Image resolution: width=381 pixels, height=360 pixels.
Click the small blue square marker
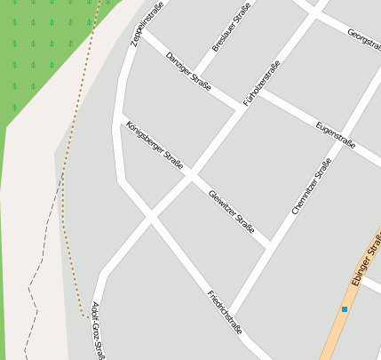click(345, 308)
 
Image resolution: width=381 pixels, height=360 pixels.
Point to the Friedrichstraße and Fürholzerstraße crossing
click(150, 217)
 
